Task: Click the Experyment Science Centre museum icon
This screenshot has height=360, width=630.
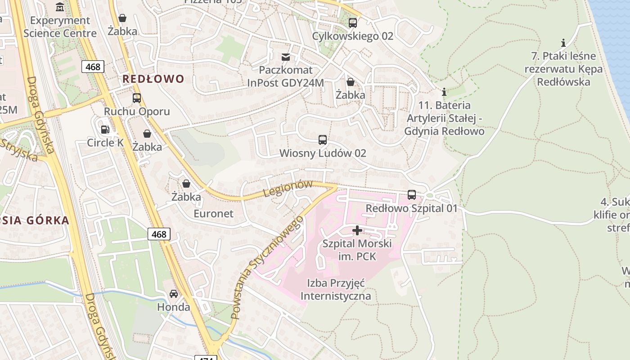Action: (x=60, y=7)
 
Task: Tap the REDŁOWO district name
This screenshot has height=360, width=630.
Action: (x=153, y=79)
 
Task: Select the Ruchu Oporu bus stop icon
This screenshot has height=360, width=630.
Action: (x=137, y=98)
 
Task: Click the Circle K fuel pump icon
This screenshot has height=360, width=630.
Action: (x=105, y=130)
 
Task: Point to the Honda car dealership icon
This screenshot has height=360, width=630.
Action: (x=173, y=294)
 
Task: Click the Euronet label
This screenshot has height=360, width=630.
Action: (x=213, y=213)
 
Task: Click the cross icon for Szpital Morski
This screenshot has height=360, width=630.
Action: (x=357, y=230)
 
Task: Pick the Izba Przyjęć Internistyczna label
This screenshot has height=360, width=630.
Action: (x=336, y=289)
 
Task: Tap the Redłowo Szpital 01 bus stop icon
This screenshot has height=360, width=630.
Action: (x=412, y=194)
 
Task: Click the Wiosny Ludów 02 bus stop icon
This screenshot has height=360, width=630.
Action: (x=323, y=139)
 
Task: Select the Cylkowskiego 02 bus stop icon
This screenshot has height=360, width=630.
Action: (x=353, y=22)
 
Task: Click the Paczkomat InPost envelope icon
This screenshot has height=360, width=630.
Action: (x=286, y=57)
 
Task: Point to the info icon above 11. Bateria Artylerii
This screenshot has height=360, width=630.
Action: (x=444, y=92)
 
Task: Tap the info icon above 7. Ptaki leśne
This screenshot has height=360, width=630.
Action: (x=563, y=43)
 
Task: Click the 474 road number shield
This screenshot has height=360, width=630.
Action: (x=206, y=358)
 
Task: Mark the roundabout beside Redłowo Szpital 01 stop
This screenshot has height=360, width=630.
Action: (x=429, y=195)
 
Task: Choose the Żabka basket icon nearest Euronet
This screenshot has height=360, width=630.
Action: (x=186, y=184)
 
